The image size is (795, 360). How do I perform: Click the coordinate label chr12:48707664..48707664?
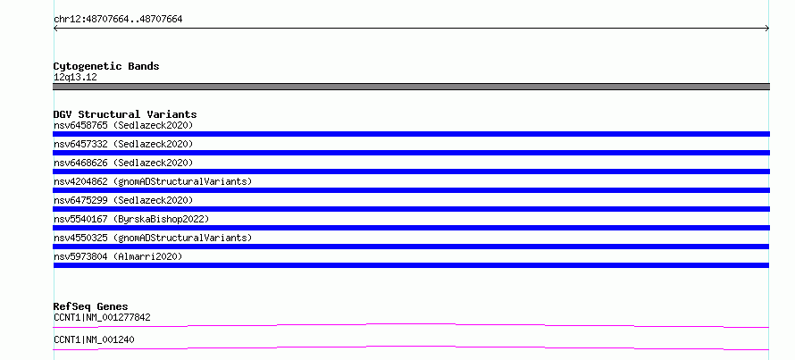(118, 20)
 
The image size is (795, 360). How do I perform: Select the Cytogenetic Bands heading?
(106, 66)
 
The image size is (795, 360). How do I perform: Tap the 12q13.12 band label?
(75, 78)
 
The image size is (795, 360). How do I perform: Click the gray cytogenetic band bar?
(411, 87)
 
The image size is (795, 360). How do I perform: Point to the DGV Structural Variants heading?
(125, 114)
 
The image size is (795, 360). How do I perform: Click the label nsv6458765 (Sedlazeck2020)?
(123, 125)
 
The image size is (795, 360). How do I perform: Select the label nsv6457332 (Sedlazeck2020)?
(123, 144)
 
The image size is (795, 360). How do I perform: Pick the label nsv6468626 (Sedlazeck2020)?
(123, 163)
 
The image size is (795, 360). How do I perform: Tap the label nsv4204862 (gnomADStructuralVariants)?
(153, 181)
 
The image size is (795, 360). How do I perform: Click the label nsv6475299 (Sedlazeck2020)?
(123, 200)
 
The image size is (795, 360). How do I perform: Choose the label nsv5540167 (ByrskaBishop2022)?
(131, 219)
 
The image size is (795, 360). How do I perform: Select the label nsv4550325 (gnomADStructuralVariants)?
(153, 238)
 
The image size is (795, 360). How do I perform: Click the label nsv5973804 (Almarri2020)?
(118, 256)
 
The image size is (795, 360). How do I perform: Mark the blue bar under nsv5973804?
(411, 265)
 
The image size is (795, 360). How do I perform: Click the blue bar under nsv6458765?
(411, 134)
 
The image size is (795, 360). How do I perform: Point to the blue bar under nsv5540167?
(411, 228)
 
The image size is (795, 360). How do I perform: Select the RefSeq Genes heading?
(91, 306)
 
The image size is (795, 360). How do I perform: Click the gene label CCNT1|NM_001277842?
(102, 318)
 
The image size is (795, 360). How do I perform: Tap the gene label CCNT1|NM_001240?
(94, 339)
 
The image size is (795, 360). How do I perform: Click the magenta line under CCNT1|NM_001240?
(411, 347)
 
